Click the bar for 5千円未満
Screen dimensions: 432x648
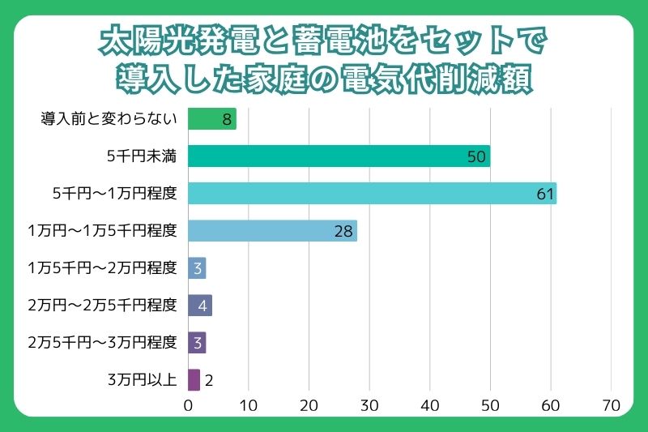tap(339, 156)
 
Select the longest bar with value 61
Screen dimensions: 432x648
tap(372, 194)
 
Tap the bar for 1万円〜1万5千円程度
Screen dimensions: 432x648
tap(272, 231)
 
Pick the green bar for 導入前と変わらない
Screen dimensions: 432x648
tap(211, 119)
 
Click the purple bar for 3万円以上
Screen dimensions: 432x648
tap(194, 380)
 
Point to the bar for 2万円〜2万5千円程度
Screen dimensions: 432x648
tap(199, 306)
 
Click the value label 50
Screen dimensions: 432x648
tap(477, 156)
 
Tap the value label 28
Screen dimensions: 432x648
tap(343, 231)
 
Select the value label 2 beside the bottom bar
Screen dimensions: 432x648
tap(209, 380)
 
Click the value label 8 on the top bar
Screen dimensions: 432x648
tap(228, 119)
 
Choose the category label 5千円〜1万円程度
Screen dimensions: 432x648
tap(114, 194)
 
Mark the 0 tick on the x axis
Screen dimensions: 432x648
tap(189, 404)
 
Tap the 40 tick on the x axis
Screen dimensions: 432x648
tap(430, 404)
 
